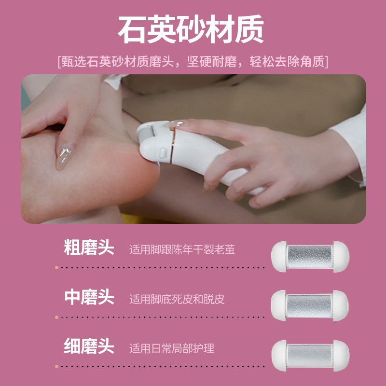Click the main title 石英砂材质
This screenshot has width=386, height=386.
pyautogui.click(x=192, y=30)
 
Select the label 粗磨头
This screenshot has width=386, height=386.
pyautogui.click(x=89, y=248)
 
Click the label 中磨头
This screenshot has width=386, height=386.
pyautogui.click(x=89, y=297)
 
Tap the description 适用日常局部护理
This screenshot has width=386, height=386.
pyautogui.click(x=171, y=348)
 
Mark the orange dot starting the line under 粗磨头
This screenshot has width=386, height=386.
pyautogui.click(x=57, y=267)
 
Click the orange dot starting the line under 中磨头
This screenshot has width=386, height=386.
pyautogui.click(x=57, y=317)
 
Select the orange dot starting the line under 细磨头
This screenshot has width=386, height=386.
pyautogui.click(x=57, y=366)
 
